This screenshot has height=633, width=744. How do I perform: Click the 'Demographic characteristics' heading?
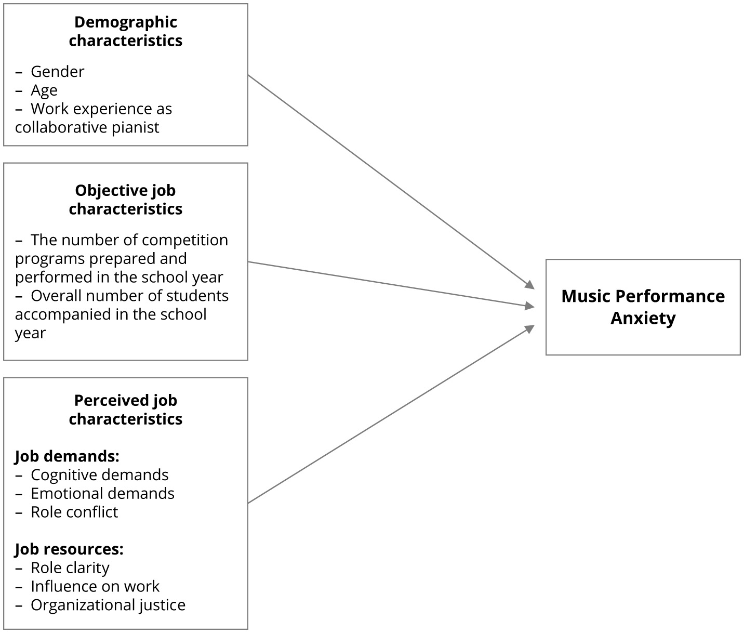point(125,31)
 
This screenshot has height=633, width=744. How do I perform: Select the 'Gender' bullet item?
point(57,72)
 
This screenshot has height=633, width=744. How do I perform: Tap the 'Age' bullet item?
point(44,90)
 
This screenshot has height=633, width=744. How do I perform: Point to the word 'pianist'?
point(135,128)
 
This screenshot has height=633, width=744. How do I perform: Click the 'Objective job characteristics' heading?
point(125,200)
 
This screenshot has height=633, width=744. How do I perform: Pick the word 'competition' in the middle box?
point(185,240)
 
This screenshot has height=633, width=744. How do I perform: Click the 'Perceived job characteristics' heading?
point(125,410)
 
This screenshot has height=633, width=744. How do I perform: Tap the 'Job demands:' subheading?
point(67,456)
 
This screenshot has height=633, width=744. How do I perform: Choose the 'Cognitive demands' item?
point(99,475)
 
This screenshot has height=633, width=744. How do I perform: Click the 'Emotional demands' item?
point(102,494)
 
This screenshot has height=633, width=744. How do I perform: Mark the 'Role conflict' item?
point(74,512)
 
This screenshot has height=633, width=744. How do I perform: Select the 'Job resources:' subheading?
point(69,549)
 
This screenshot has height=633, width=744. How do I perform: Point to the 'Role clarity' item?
point(70,568)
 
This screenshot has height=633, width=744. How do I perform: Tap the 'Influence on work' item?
point(95,587)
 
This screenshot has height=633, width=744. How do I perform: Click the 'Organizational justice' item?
point(108,605)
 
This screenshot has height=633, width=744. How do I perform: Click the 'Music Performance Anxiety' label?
point(643,307)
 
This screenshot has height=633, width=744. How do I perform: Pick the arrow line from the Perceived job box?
point(390,415)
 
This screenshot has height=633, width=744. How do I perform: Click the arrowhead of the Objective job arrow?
point(530,307)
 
